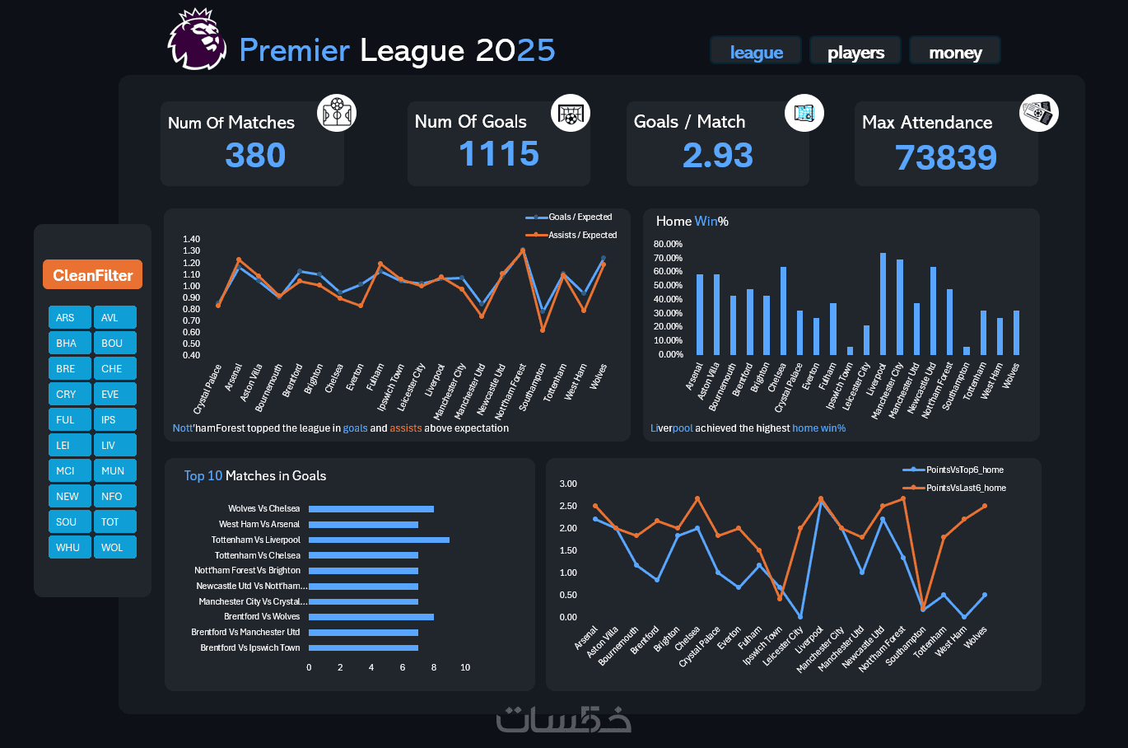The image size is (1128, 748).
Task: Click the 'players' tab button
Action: point(855,52)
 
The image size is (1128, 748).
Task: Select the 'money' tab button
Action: point(955,52)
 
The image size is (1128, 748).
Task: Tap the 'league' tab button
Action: point(756,52)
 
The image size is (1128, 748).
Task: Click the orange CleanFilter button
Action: point(92,275)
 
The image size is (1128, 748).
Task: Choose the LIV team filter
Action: point(114,445)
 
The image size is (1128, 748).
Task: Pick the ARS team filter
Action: point(69,317)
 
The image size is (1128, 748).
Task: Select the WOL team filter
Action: point(114,547)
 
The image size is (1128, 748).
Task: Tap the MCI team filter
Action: point(69,470)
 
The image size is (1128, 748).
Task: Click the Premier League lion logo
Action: point(198,40)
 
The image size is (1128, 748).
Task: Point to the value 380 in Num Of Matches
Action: point(255,155)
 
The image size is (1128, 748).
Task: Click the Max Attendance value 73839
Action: point(945,157)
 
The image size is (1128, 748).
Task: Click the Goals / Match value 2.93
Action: point(717,155)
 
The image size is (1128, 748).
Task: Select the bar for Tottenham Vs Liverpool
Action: point(379,540)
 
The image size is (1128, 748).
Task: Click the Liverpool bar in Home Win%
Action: point(883,303)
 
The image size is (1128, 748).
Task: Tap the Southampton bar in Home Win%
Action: point(967,350)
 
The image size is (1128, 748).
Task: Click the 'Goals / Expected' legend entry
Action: point(570,217)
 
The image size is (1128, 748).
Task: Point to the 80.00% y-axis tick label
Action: point(668,244)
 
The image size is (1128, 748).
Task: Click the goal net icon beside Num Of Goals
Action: point(570,114)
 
